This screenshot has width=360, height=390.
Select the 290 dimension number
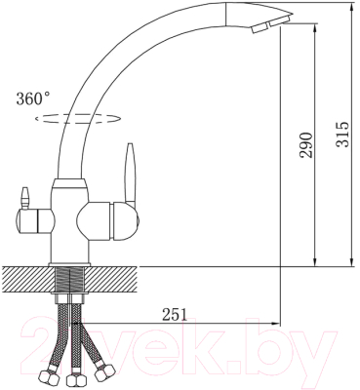(x=305, y=143)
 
